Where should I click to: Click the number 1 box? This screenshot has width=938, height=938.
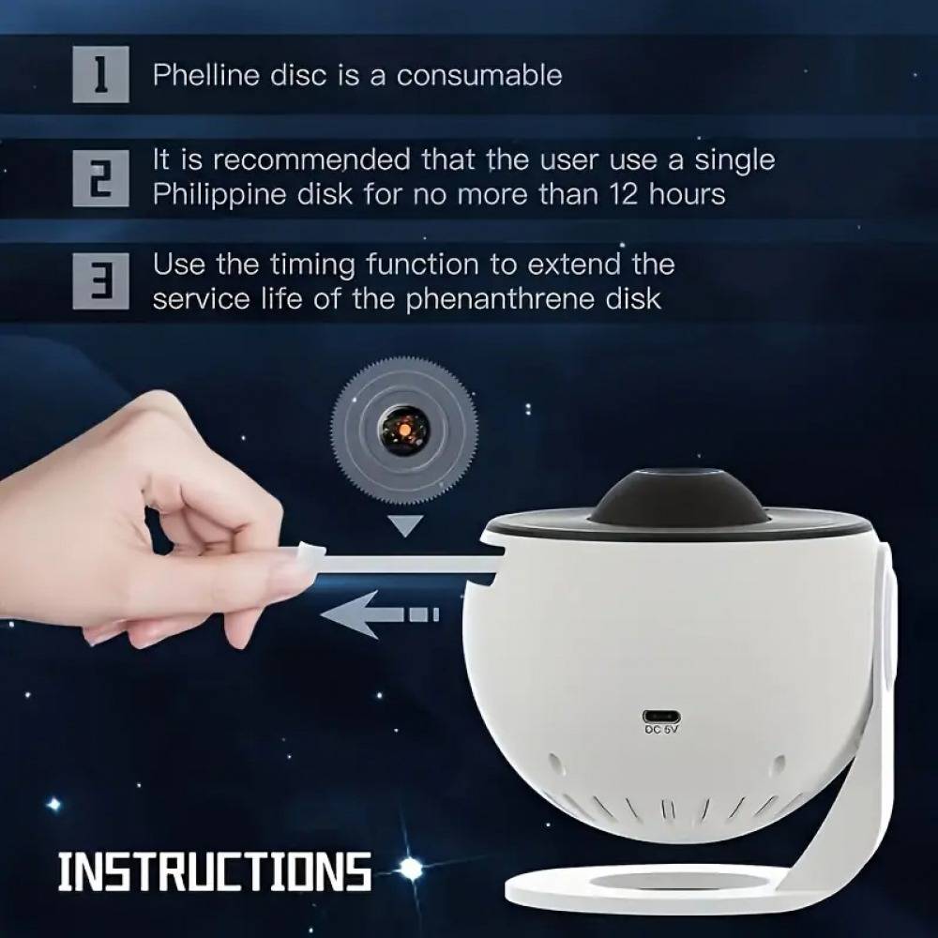click(x=100, y=75)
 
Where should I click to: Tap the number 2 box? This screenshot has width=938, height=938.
click(x=100, y=178)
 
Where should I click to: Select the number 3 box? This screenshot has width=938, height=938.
click(x=100, y=280)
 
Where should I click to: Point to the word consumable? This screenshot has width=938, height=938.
click(x=479, y=75)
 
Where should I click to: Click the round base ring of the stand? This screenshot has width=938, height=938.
click(x=610, y=885)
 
